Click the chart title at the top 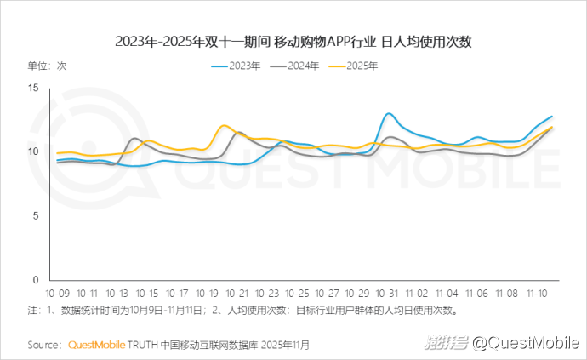tap(293, 42)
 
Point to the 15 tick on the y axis tap(33, 88)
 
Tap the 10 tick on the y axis tap(33, 151)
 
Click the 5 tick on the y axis tap(36, 215)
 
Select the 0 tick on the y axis tap(36, 280)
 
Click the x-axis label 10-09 tap(59, 292)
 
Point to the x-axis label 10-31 tap(387, 292)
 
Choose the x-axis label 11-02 tap(418, 292)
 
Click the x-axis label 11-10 tap(537, 292)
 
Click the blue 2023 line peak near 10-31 tap(389, 113)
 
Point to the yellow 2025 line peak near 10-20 tap(225, 126)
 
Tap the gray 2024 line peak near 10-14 tap(134, 138)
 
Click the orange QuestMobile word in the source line tap(96, 345)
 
